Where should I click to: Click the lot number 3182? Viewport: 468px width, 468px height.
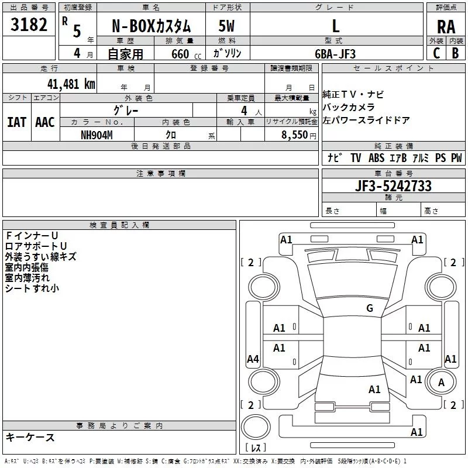pos(29,26)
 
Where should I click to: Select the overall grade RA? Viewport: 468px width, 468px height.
pos(446,27)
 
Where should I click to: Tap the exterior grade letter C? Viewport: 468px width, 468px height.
pos(436,53)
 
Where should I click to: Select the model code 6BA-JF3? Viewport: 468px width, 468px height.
pos(335,53)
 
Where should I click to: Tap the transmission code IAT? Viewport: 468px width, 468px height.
pos(16,122)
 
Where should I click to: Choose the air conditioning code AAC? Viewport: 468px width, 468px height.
pos(45,122)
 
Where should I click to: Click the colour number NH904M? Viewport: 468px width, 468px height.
pos(97,135)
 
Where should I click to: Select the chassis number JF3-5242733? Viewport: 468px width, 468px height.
pos(394,186)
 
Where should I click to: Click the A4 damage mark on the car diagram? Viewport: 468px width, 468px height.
pos(253,359)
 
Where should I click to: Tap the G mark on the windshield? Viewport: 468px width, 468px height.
pos(369,308)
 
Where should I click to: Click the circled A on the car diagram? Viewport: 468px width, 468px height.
pos(441,383)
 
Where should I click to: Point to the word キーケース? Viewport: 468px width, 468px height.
pos(30,437)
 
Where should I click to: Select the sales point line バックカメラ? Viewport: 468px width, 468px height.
pos(349,107)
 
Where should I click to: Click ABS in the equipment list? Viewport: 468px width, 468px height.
pos(376,158)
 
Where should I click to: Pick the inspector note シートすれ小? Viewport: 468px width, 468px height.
pos(32,288)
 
